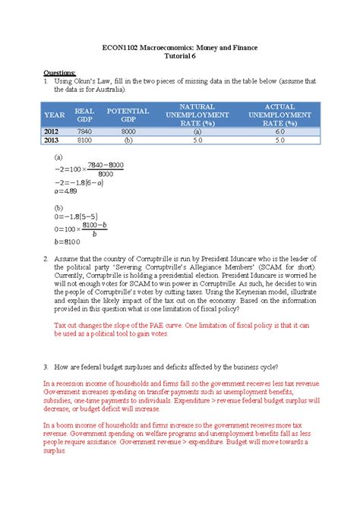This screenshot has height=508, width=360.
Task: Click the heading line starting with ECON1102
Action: (x=180, y=48)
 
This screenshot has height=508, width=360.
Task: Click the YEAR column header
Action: (x=55, y=116)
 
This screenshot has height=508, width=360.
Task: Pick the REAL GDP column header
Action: (x=84, y=116)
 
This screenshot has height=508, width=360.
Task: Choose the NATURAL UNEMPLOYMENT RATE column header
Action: (x=198, y=116)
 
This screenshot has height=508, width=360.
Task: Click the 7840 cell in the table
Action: (x=84, y=131)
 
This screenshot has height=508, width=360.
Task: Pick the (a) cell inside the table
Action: (x=198, y=131)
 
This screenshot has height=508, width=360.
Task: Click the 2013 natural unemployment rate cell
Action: (x=198, y=140)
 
